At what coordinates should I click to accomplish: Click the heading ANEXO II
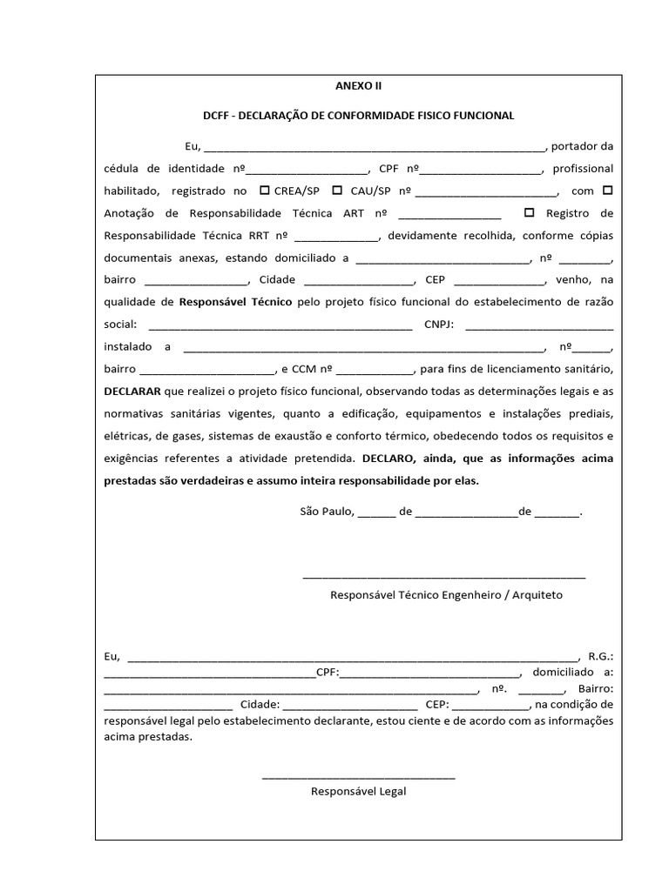tap(359, 87)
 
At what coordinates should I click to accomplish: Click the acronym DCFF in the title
tap(218, 115)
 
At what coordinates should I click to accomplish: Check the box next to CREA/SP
tap(265, 190)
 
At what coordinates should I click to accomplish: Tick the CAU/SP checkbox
tap(336, 190)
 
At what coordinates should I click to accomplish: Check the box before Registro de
tap(530, 212)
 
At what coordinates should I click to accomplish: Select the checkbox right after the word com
tap(607, 190)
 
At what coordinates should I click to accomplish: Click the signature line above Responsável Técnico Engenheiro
tap(444, 576)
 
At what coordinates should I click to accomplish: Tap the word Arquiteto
tap(537, 595)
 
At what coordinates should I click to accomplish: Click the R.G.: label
tap(601, 657)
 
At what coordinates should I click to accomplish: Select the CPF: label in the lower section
tap(328, 673)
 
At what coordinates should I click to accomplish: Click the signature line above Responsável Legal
tap(358, 777)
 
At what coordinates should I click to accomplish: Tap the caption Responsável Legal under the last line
tap(358, 792)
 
